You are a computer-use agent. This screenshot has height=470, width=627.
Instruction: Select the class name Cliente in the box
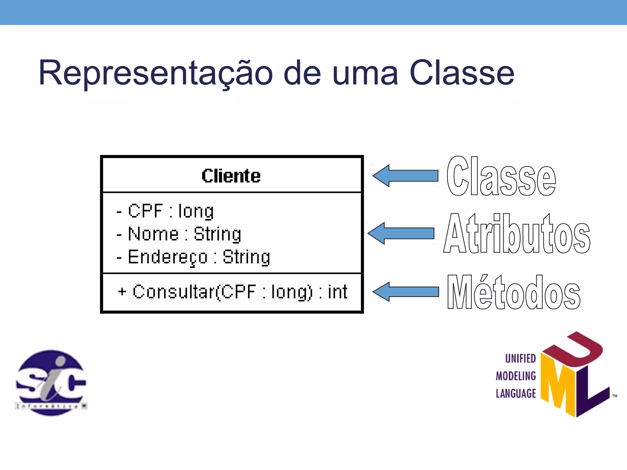click(x=231, y=176)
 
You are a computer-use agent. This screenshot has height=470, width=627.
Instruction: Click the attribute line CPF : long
click(x=165, y=211)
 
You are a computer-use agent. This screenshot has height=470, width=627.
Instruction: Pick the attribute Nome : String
click(x=179, y=234)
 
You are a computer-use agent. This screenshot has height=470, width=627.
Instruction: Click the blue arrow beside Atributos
click(x=401, y=233)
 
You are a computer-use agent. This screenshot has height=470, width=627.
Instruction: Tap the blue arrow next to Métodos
click(x=406, y=292)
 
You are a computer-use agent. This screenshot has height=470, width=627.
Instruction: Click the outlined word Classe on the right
click(x=501, y=177)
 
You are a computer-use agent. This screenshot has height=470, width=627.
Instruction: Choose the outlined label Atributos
click(x=517, y=234)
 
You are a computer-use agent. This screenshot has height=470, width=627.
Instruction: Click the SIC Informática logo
click(x=51, y=382)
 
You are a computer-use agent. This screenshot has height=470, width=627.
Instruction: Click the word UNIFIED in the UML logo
click(x=520, y=358)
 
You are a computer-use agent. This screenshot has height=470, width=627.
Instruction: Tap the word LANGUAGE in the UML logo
click(x=516, y=394)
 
